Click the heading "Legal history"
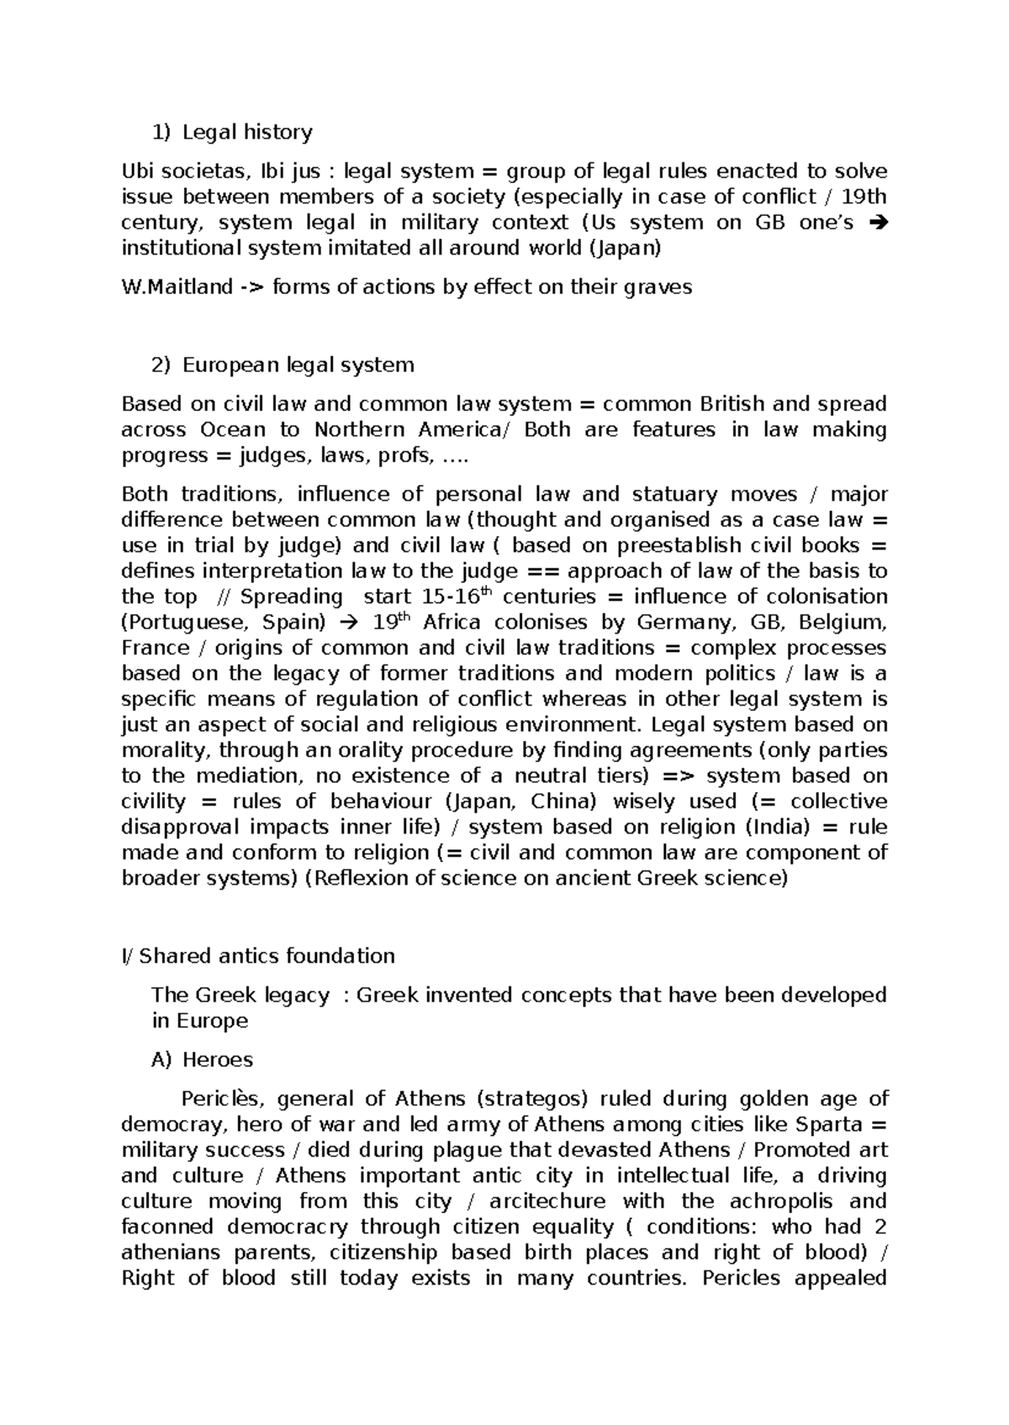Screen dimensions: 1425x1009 (247, 132)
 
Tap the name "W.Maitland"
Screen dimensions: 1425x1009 (177, 287)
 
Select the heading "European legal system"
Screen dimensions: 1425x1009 (298, 365)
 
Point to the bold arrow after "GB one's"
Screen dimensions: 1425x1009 (878, 223)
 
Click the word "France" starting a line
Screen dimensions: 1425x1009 (156, 648)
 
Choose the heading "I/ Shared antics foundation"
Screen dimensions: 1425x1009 (258, 956)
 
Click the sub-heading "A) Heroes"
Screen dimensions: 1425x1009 (202, 1060)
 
